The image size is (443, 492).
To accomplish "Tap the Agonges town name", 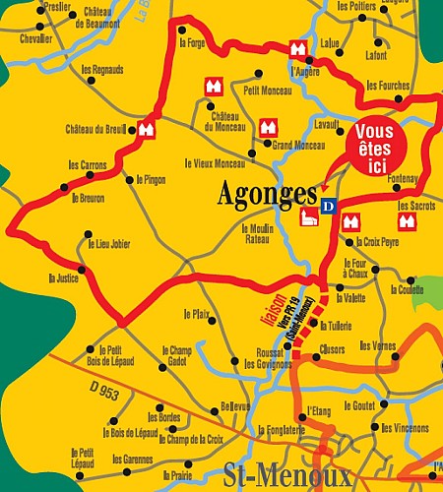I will click(267, 195).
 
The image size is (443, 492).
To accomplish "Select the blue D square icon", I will click(329, 206).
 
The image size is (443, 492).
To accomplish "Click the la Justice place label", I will click(63, 278).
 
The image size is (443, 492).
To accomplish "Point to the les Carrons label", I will click(86, 165).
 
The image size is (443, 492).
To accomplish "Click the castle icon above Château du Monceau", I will click(210, 87).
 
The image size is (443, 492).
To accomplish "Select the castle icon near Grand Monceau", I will click(266, 127).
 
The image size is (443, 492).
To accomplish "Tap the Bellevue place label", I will click(235, 405).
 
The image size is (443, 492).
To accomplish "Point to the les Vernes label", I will click(378, 346).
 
